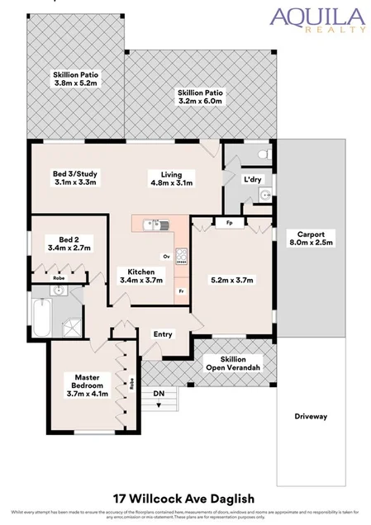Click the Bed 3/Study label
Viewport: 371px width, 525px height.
(x=75, y=177)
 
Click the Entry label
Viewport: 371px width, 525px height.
(x=163, y=333)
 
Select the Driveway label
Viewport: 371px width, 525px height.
(x=311, y=416)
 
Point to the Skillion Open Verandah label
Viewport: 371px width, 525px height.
(x=233, y=363)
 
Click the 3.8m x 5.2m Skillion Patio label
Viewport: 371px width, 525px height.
(x=75, y=79)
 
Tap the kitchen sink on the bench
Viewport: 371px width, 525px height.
(x=154, y=223)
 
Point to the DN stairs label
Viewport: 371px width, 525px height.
(x=159, y=395)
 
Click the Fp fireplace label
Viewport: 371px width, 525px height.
(x=227, y=222)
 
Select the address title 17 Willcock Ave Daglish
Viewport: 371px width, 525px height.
(x=185, y=498)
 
